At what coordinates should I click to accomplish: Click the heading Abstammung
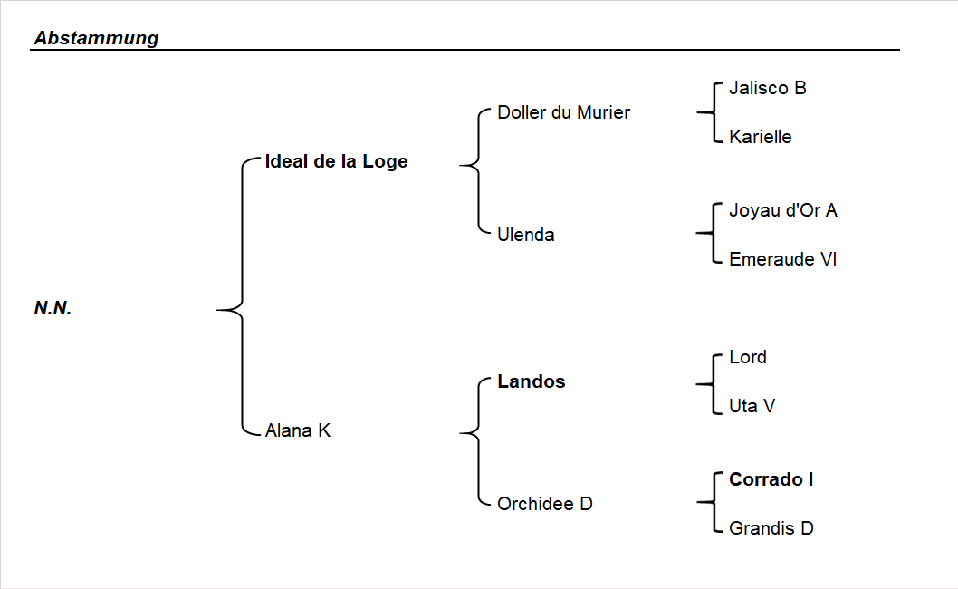pyautogui.click(x=96, y=38)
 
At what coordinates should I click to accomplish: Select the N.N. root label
pyautogui.click(x=53, y=308)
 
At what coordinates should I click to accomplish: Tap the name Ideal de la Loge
pyautogui.click(x=336, y=161)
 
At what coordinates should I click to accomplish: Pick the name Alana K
pyautogui.click(x=298, y=430)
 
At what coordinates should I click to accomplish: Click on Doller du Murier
pyautogui.click(x=563, y=112)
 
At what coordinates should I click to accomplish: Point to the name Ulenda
pyautogui.click(x=526, y=235)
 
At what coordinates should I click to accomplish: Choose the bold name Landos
pyautogui.click(x=532, y=381)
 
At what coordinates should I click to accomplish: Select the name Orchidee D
pyautogui.click(x=545, y=504)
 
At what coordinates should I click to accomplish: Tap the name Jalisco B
pyautogui.click(x=768, y=88)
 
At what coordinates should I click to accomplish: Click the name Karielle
pyautogui.click(x=761, y=137)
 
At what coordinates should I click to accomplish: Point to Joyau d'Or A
pyautogui.click(x=783, y=210)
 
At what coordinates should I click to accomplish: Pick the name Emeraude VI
pyautogui.click(x=783, y=259)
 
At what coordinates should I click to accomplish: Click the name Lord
pyautogui.click(x=748, y=357)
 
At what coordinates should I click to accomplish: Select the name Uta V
pyautogui.click(x=752, y=406)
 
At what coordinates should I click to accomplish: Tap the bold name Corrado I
pyautogui.click(x=771, y=479)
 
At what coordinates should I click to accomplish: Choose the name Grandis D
pyautogui.click(x=771, y=528)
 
